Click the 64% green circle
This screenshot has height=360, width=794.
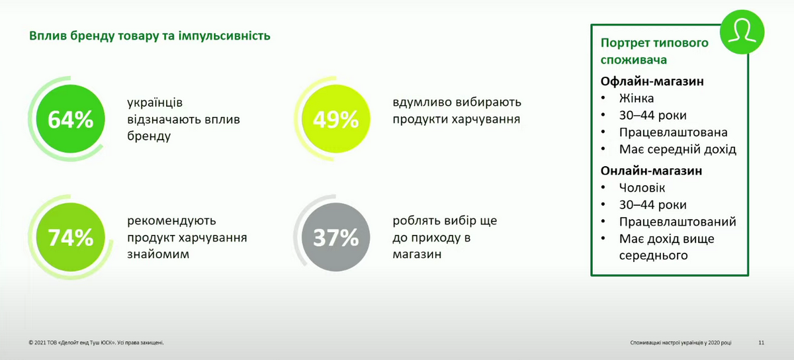(71, 119)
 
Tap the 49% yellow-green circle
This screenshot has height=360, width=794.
(336, 119)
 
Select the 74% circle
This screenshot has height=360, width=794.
(71, 237)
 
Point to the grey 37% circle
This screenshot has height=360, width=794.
(336, 237)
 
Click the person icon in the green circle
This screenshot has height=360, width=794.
(742, 32)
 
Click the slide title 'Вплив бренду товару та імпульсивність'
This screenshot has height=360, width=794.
(150, 36)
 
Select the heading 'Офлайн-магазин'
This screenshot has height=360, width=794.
(652, 81)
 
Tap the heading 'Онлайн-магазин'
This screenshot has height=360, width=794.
(651, 171)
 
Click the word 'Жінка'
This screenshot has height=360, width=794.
(637, 98)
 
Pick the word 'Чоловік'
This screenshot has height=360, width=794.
(642, 188)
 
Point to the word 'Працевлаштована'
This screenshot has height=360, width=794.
(673, 132)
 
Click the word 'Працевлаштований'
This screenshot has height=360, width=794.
(678, 222)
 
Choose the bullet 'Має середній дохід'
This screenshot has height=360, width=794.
(678, 150)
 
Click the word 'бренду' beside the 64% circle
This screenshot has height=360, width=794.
(149, 136)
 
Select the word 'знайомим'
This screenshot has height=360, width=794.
(158, 254)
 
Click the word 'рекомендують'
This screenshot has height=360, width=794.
(171, 221)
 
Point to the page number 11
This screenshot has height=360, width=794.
(761, 343)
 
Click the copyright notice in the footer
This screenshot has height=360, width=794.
(96, 343)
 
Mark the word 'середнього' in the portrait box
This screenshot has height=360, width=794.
(653, 255)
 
